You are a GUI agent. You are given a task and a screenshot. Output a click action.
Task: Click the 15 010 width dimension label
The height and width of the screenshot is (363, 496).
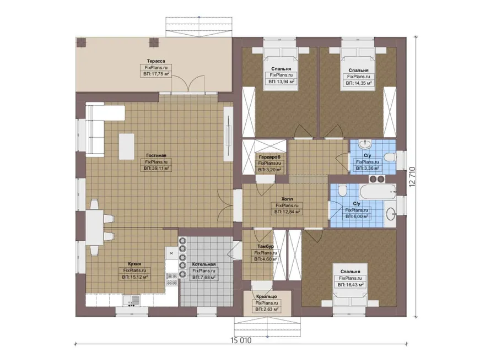(241, 340)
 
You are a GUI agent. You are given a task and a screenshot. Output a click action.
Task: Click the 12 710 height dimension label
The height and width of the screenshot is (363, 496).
(412, 177)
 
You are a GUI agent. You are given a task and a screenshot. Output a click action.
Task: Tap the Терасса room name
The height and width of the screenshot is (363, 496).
(156, 61)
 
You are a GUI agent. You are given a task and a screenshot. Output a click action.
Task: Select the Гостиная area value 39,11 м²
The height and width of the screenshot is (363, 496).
(157, 169)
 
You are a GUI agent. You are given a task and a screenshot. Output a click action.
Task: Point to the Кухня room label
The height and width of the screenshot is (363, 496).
(135, 264)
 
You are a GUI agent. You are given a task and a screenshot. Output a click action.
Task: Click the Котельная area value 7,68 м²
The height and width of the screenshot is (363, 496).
(204, 277)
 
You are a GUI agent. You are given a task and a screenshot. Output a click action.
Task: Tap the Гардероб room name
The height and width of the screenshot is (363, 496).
(269, 157)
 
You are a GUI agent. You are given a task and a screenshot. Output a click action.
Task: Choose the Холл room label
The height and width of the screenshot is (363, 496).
(287, 199)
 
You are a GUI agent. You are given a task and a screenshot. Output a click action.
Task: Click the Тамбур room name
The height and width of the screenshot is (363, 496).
(266, 246)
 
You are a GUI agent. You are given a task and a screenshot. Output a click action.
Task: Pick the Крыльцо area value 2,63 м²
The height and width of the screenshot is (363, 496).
(267, 309)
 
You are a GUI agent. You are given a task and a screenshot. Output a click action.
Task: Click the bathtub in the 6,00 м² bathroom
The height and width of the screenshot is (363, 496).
(378, 192)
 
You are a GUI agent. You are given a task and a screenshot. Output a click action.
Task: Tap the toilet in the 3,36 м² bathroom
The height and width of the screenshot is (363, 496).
(390, 157)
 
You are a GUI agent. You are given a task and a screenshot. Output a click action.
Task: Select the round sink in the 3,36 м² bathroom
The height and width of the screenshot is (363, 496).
(365, 144)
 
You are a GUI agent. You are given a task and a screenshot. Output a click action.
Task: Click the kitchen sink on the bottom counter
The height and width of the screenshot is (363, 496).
(132, 300)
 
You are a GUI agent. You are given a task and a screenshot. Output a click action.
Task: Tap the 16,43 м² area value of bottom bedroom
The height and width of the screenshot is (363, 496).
(351, 285)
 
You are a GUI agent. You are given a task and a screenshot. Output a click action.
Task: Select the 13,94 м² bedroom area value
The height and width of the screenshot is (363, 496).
(281, 82)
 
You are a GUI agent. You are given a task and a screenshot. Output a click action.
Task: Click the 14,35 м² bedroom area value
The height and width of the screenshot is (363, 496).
(358, 83)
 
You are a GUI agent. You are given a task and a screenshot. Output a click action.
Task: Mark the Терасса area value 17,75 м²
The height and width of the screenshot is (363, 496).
(156, 74)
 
